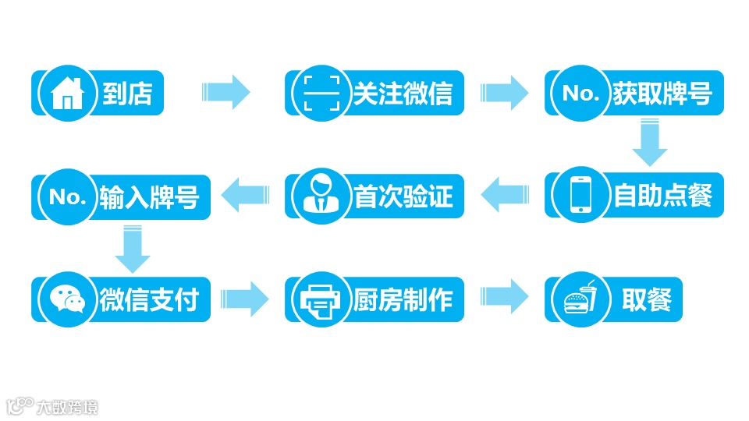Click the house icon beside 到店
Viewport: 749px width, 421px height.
click(x=67, y=94)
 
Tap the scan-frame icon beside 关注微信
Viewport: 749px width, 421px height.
click(x=321, y=94)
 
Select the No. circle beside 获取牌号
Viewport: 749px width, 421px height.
click(x=580, y=94)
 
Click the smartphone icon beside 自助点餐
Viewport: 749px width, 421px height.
click(x=580, y=196)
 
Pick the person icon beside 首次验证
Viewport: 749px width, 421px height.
click(x=321, y=196)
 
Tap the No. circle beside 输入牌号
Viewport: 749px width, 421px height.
click(x=67, y=196)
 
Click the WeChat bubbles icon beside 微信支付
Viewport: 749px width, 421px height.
click(x=67, y=299)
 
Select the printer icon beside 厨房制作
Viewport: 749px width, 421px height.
click(x=321, y=299)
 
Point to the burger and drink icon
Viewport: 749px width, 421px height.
click(x=580, y=299)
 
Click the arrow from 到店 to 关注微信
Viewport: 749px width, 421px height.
click(x=225, y=93)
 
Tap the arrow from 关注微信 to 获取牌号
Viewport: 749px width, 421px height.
click(x=504, y=93)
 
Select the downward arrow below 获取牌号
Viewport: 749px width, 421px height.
click(x=649, y=141)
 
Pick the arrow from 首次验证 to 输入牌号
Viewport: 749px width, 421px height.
click(x=245, y=195)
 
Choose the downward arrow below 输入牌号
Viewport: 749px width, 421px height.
click(x=132, y=249)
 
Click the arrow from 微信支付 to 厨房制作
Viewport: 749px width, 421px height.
click(x=245, y=299)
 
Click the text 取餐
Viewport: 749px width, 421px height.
click(x=647, y=299)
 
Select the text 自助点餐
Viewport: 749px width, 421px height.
click(x=663, y=196)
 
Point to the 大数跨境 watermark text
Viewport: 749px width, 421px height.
click(x=67, y=406)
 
